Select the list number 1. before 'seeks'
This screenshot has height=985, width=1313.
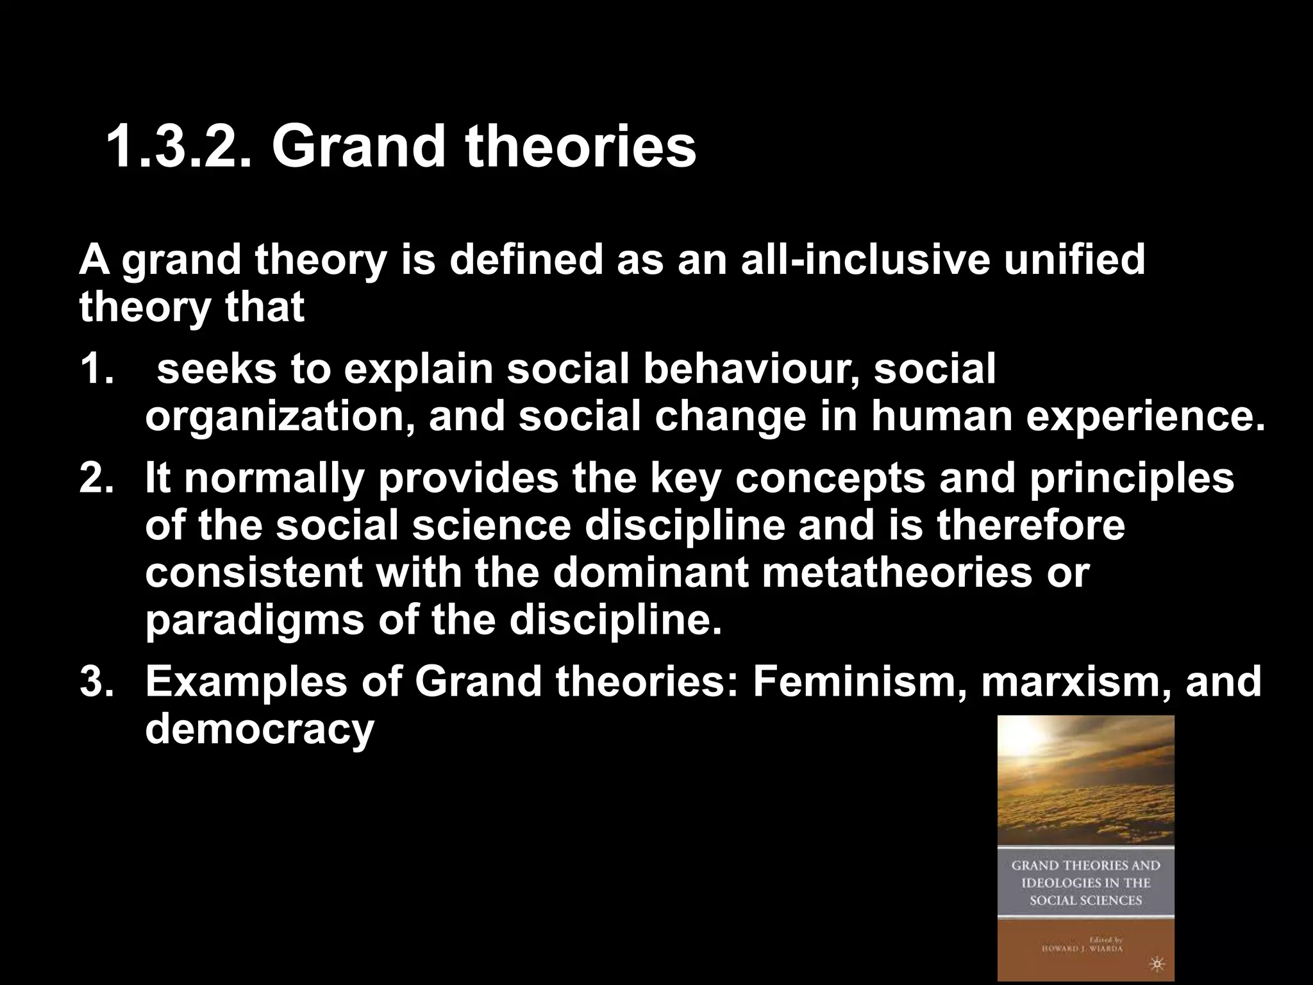(x=97, y=370)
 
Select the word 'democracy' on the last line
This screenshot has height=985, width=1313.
(x=259, y=729)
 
